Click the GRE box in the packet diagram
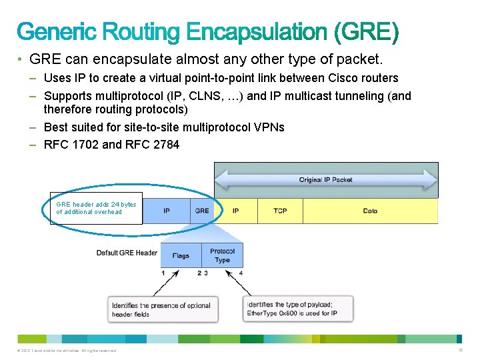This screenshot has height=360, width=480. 202,211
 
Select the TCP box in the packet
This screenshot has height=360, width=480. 280,211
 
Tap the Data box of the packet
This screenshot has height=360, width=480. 370,211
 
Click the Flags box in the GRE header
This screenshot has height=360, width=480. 181,255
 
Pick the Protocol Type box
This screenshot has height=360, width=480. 222,255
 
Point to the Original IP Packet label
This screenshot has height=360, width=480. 325,180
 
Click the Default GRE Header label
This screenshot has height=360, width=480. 127,253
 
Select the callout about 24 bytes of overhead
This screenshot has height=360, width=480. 96,208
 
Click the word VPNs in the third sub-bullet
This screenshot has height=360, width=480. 268,127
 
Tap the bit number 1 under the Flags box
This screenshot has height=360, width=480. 163,273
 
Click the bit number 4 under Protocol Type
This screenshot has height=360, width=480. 241,273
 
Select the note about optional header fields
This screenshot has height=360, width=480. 161,309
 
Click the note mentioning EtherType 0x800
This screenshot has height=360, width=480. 297,309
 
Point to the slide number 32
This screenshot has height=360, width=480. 460,350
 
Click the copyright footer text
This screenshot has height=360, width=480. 64,351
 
